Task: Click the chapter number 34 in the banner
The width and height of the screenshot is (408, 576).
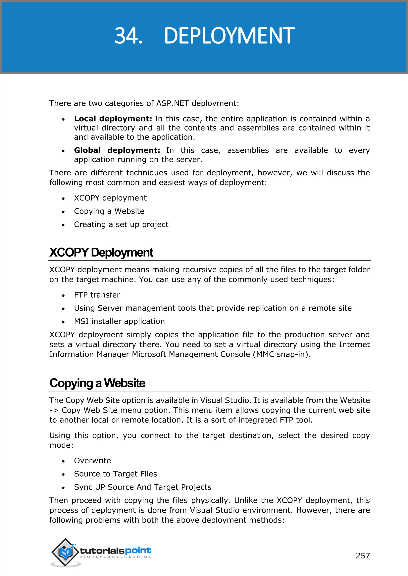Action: pos(128,36)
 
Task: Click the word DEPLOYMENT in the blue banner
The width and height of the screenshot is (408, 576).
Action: pos(229,36)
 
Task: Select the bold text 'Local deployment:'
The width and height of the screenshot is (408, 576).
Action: pos(113,119)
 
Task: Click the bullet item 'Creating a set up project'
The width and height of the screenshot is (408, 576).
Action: pos(121,224)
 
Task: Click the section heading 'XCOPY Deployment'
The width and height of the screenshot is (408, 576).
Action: pos(101,252)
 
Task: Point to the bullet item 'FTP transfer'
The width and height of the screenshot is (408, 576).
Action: pos(97,295)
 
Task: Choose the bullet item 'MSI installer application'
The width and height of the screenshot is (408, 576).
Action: pos(119,321)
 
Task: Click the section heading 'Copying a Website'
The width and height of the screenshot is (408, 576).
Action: pos(97,383)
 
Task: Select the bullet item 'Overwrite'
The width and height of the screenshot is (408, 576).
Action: pos(92,461)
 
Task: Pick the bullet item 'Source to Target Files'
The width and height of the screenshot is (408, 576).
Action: pos(115,474)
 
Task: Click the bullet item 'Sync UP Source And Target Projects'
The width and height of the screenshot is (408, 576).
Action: pos(142,487)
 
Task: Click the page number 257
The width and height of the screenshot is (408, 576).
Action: pos(363,556)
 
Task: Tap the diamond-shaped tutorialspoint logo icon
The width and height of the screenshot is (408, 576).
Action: pos(65,552)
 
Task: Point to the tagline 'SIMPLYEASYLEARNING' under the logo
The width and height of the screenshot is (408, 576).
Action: pos(116,557)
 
